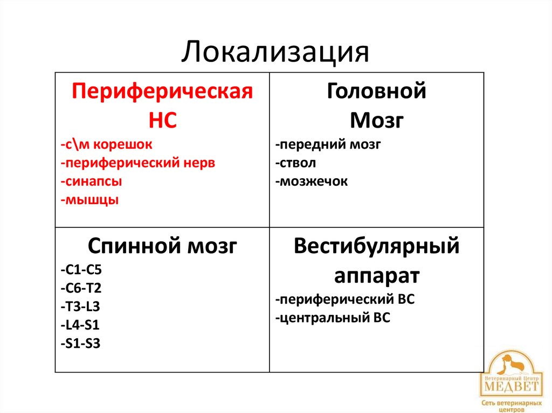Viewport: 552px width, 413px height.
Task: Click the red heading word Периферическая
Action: click(162, 91)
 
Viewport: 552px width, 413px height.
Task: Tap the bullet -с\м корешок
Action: click(107, 144)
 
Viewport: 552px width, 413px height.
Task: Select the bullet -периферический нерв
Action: click(138, 163)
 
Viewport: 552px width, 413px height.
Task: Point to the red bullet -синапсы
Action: click(91, 181)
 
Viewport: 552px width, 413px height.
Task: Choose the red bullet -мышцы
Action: click(89, 200)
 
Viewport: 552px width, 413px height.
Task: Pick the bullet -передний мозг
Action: click(328, 145)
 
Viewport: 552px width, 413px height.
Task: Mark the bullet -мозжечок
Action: click(311, 181)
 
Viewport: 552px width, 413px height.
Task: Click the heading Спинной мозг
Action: click(162, 247)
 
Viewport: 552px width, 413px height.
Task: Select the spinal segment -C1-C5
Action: click(81, 270)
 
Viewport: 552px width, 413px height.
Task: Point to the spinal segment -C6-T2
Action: click(81, 288)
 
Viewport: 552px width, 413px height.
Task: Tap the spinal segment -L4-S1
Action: click(80, 325)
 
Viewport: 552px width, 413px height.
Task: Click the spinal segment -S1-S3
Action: click(80, 343)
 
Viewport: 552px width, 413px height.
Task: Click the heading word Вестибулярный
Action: click(376, 247)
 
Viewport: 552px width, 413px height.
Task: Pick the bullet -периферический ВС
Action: click(344, 299)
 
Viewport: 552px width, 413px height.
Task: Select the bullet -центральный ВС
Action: click(332, 318)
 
